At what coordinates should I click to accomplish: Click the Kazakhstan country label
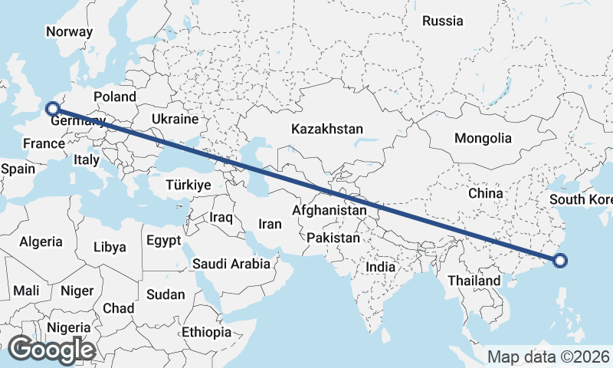(327, 130)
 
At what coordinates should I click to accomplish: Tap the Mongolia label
(483, 139)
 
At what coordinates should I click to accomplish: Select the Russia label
(443, 21)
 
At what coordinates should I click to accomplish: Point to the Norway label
(69, 32)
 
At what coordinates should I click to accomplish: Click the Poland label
(114, 97)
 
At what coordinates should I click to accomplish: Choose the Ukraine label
(175, 120)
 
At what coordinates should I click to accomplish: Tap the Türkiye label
(188, 185)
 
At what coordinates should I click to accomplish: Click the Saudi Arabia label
(231, 264)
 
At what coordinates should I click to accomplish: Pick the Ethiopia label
(206, 332)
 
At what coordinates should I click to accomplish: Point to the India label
(381, 268)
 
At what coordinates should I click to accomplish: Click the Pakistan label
(333, 238)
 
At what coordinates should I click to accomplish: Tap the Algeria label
(41, 242)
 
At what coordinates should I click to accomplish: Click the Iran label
(270, 224)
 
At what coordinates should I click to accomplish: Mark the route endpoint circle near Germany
(52, 109)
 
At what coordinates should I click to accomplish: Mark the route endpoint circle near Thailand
(560, 261)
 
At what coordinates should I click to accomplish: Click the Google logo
(51, 350)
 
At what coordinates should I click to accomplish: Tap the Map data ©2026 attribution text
(549, 356)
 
